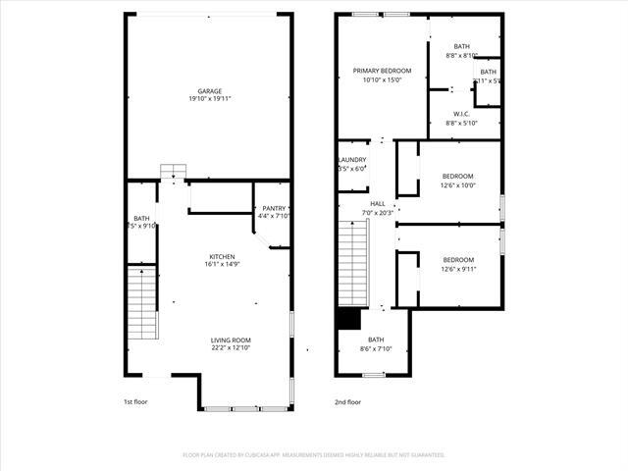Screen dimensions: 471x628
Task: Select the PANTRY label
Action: tap(274, 208)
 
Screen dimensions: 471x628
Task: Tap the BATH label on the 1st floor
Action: tap(142, 218)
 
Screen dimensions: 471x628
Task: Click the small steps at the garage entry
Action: tap(173, 171)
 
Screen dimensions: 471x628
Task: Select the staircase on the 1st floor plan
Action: tap(142, 304)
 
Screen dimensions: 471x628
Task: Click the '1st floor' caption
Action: tap(135, 402)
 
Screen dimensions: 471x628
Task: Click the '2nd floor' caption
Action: tap(347, 402)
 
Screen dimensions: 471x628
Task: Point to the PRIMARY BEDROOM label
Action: tap(382, 71)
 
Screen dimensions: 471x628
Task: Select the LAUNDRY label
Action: tap(351, 160)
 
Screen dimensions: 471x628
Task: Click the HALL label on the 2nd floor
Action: tap(377, 204)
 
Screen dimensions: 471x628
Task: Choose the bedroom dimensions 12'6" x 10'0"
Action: tap(458, 184)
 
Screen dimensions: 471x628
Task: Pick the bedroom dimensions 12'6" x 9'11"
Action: tap(458, 269)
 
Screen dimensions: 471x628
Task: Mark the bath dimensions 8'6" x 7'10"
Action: tap(376, 348)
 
